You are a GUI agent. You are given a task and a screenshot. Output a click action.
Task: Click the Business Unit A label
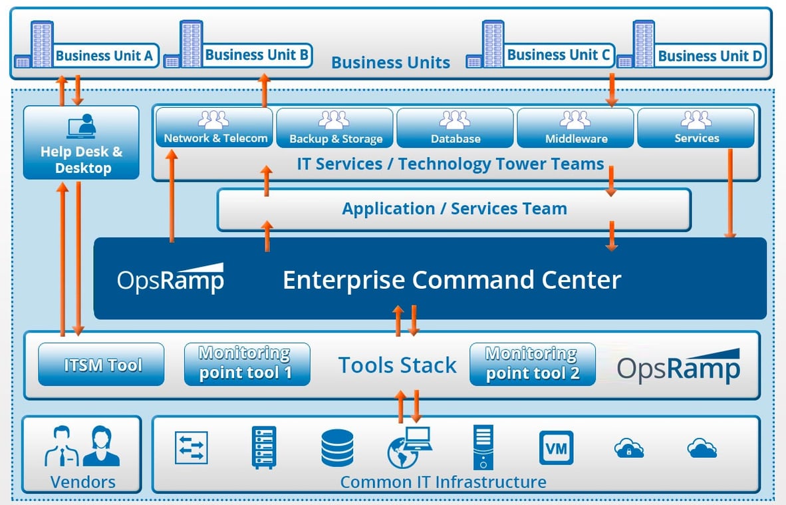click(x=104, y=55)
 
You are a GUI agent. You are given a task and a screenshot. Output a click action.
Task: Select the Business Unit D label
click(x=710, y=56)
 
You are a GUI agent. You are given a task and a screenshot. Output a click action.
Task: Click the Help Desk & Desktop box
click(x=81, y=143)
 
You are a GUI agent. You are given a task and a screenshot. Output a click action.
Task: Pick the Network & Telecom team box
click(x=215, y=128)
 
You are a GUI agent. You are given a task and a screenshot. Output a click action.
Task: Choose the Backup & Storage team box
click(x=335, y=128)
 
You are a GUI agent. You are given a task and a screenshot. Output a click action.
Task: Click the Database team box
click(x=455, y=128)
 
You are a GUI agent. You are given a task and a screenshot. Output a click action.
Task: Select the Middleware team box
click(x=575, y=128)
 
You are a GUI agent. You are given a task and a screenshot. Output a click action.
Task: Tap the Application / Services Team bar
click(x=454, y=209)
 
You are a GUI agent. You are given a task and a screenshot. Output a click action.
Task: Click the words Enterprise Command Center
click(x=452, y=279)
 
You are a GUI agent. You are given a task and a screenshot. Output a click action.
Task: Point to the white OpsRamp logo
click(x=170, y=279)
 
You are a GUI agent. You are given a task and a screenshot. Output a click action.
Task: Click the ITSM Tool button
click(x=101, y=365)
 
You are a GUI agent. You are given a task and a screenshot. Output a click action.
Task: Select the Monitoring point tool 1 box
click(x=247, y=364)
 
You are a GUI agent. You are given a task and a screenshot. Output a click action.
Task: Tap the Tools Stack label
click(x=397, y=365)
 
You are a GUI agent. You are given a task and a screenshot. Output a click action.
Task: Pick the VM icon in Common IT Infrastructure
click(x=556, y=448)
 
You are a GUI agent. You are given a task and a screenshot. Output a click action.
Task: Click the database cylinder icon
click(x=337, y=448)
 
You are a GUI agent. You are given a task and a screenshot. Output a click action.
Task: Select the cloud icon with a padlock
click(x=628, y=449)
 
